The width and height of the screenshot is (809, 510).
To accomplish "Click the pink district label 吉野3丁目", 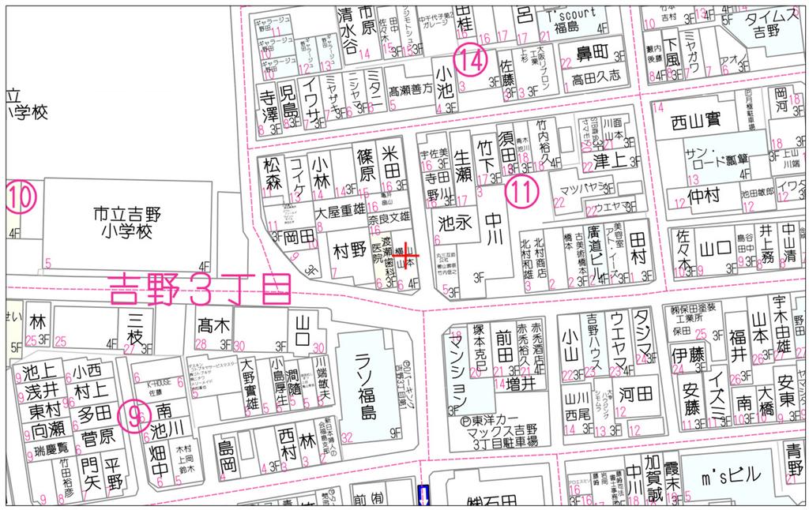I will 198,289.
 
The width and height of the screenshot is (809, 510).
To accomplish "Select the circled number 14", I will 470,60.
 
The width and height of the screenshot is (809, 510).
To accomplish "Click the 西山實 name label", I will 695,122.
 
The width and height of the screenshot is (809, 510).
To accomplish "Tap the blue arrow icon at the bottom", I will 423,496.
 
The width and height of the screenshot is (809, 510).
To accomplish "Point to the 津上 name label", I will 609,161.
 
